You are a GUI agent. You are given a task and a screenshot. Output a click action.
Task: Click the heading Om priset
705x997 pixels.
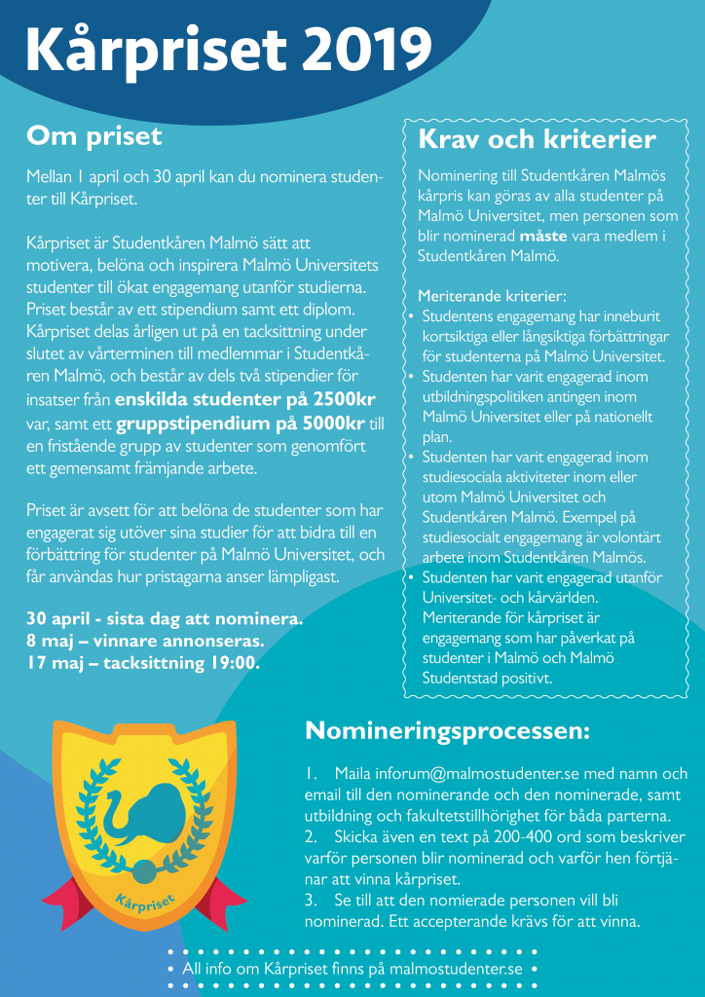point(93,136)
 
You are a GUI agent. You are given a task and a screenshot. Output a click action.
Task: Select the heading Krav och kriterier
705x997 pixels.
point(537,140)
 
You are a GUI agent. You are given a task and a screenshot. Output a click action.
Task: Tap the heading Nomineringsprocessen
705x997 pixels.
point(447,730)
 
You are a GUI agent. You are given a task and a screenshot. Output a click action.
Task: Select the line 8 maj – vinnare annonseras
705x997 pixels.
point(145,642)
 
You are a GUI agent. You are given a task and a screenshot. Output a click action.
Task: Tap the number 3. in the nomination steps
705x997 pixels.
point(312,901)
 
